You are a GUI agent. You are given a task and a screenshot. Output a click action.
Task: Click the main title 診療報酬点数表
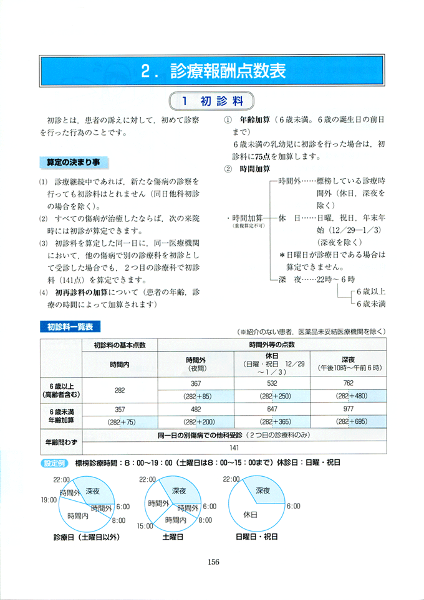coord(212,71)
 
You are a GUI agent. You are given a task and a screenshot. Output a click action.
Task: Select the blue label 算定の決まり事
coord(74,162)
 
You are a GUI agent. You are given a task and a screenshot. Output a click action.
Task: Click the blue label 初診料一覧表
coord(70,326)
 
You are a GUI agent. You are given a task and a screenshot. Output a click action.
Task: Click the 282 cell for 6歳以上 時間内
coord(120,390)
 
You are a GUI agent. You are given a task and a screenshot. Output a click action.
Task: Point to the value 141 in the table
coord(234,447)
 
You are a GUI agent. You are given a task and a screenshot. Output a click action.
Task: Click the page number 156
coord(213,561)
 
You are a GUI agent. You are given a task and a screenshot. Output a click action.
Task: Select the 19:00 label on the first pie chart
coord(49,500)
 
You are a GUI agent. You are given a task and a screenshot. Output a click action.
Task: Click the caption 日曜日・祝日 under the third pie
coord(256,537)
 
